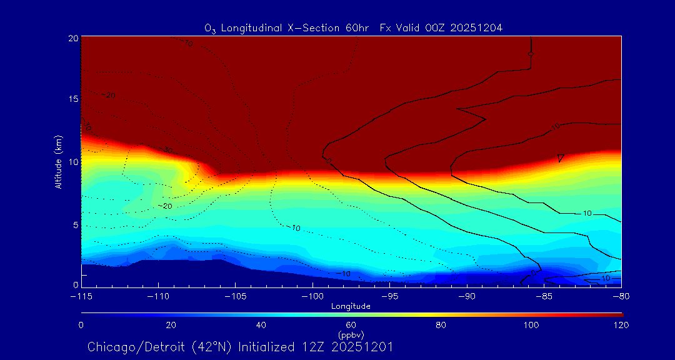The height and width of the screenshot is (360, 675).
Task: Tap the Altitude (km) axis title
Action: click(58, 162)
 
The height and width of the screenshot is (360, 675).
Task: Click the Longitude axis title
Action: click(351, 306)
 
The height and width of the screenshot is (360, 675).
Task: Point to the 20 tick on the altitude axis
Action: click(73, 38)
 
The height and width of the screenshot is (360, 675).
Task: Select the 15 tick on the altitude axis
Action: click(73, 99)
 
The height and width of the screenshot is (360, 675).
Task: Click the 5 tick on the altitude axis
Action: click(75, 224)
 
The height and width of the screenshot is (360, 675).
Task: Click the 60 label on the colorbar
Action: click(351, 325)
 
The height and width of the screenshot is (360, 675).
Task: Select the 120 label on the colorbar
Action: click(621, 325)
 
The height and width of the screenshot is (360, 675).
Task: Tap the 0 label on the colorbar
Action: click(81, 325)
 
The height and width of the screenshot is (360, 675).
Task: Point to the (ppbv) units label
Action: click(351, 334)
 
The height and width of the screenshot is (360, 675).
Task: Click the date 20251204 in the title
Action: click(476, 27)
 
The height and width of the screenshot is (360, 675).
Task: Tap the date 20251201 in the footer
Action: click(362, 347)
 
